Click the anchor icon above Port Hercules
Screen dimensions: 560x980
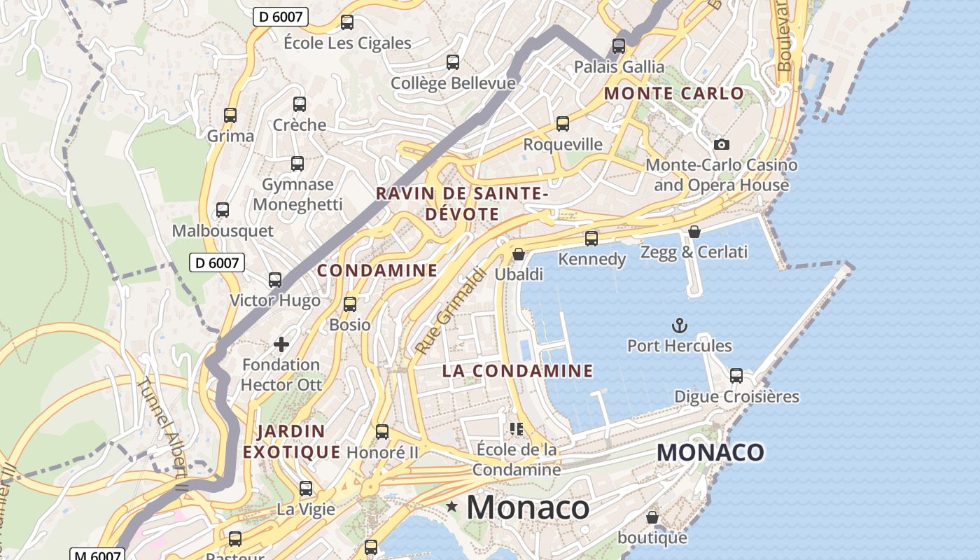(x=678, y=325)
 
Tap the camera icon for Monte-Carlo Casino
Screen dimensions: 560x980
(x=721, y=144)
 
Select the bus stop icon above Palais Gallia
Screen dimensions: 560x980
(x=619, y=46)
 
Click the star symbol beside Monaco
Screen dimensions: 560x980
(x=452, y=506)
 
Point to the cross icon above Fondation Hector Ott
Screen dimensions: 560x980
(x=281, y=344)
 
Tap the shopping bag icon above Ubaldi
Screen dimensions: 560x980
(x=519, y=253)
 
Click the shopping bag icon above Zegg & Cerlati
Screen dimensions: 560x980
(x=694, y=231)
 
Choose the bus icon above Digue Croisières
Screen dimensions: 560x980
(x=736, y=375)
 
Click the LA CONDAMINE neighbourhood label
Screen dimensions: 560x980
(x=517, y=370)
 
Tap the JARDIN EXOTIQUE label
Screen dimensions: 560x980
(x=291, y=441)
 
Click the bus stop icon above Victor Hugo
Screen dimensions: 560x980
(x=275, y=280)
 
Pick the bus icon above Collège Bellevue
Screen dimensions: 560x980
(x=453, y=62)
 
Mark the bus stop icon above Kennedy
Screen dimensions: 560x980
(x=591, y=239)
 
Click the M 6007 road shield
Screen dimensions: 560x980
(x=96, y=555)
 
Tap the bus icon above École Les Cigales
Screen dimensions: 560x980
(x=347, y=22)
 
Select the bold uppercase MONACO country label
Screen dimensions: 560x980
(x=710, y=452)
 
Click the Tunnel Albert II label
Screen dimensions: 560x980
(x=162, y=435)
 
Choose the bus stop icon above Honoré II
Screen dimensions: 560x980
(x=382, y=432)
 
